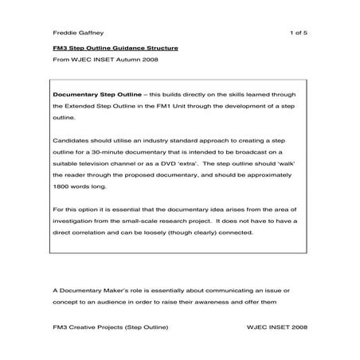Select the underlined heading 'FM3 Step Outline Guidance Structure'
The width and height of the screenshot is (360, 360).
[110, 49]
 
